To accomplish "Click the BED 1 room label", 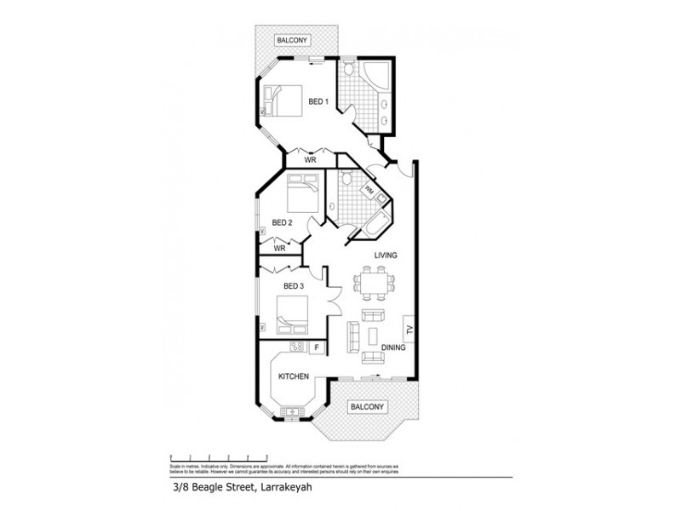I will (318, 101).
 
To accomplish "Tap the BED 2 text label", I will (283, 223).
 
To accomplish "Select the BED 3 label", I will (293, 285).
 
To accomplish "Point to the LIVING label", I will (386, 255).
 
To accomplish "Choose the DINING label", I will (393, 347).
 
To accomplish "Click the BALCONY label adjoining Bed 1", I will (291, 40).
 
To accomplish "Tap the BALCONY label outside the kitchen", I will (368, 407).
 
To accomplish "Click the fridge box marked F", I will (317, 347).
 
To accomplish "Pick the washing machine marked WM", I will (369, 190).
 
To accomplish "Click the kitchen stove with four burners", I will (298, 347).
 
